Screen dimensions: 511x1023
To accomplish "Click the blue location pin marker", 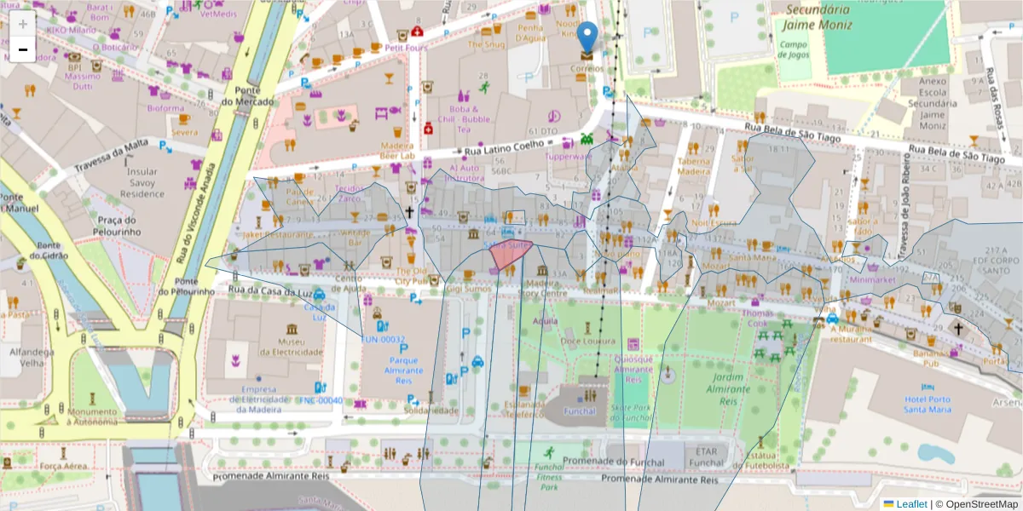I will click(587, 37).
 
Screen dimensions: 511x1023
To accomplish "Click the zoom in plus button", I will click(23, 23).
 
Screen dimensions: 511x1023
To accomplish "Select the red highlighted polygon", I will click(511, 254).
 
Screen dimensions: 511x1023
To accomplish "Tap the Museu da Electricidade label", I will click(292, 347).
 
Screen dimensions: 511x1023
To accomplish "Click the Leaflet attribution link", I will click(911, 503).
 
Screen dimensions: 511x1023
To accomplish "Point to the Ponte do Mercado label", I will click(247, 96).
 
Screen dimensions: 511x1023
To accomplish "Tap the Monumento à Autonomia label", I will click(93, 416).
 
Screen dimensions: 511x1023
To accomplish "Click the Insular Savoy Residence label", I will click(141, 182).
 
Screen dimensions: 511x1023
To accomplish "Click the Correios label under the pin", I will click(587, 68).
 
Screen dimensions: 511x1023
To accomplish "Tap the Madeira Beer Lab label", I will click(397, 150).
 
